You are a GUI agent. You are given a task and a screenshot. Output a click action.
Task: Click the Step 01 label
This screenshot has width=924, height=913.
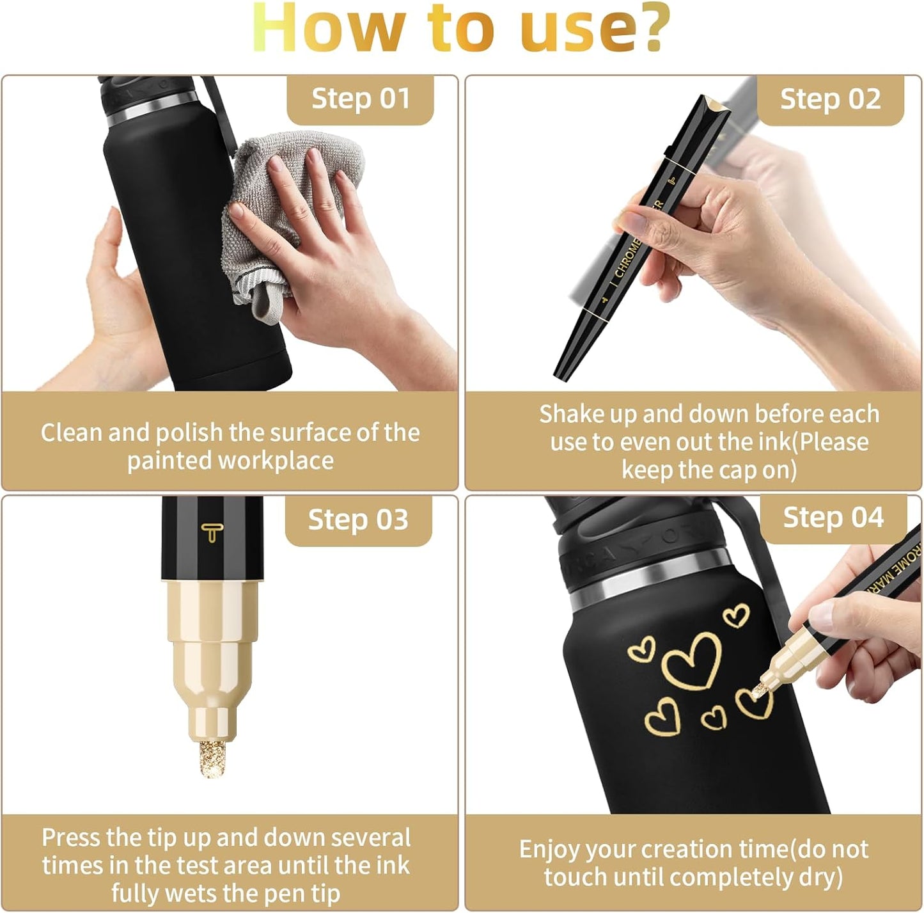tap(360, 99)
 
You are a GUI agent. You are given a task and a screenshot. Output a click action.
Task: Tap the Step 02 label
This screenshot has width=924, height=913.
tap(830, 99)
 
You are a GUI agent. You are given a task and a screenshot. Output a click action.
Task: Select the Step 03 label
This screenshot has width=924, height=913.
tap(358, 520)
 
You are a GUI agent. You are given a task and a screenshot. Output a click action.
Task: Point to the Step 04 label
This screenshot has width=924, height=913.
tap(833, 517)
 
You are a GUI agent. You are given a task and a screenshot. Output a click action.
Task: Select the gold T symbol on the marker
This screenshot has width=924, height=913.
tap(211, 532)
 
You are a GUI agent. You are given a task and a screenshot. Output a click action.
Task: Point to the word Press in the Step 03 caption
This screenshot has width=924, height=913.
tap(72, 838)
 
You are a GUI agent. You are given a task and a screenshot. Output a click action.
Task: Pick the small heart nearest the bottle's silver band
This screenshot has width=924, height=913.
tap(736, 615)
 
